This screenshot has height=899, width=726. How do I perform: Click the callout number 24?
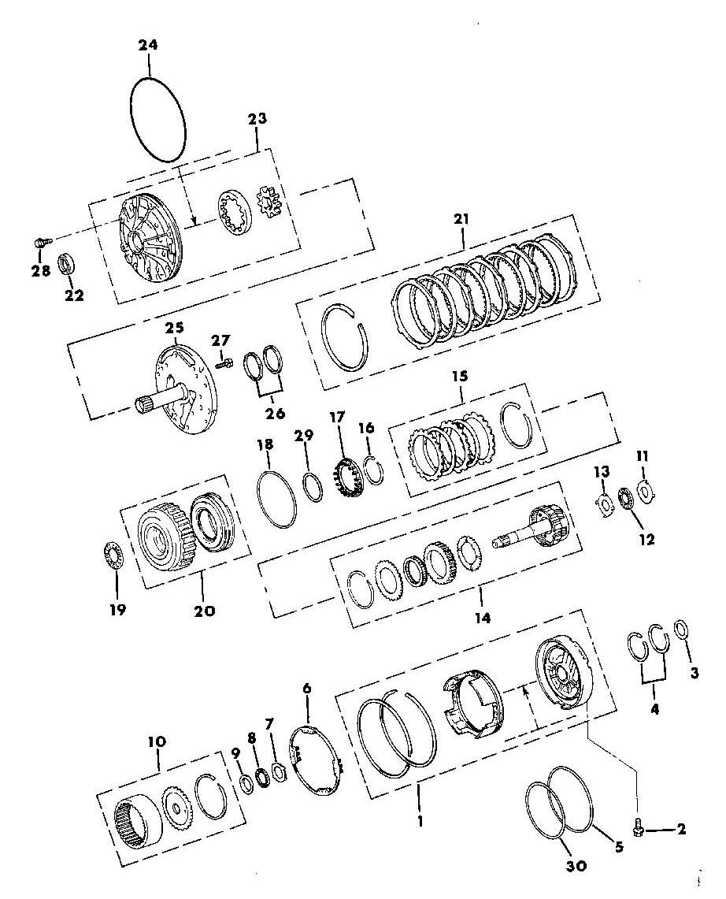[x=147, y=45]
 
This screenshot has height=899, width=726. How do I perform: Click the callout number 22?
[x=75, y=295]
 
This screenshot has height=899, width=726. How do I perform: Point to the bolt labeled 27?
[x=224, y=362]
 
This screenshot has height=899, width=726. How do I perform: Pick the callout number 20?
[x=204, y=611]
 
